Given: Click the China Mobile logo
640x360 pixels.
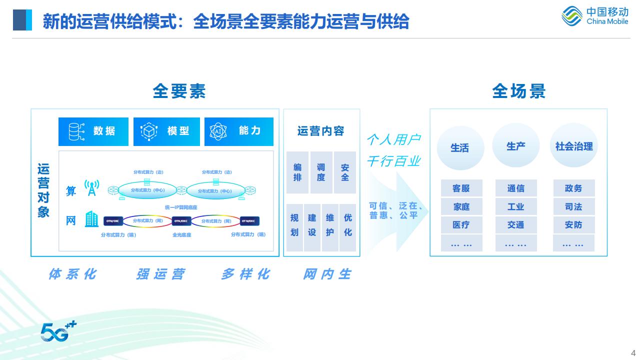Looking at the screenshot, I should point(594,16).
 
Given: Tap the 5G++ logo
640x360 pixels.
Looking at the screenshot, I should point(58,331).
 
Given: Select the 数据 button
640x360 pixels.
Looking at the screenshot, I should point(93,131).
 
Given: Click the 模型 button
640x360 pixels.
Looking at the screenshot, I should point(166,131).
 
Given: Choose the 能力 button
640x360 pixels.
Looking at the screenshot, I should point(239,131).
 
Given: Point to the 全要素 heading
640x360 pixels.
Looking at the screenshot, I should point(179,91).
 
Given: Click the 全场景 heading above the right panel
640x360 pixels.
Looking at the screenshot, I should point(518,91).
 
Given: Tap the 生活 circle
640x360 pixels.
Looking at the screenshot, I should point(459,147).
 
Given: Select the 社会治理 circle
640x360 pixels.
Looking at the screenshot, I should point(573,146).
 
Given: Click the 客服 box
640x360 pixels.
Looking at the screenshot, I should point(461,188).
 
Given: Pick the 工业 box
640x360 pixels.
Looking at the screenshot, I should point(515,206).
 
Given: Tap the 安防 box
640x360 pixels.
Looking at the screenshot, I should point(573,224).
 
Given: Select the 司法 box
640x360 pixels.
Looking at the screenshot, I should point(573,206).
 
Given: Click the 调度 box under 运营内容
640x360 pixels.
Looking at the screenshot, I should point(321,172).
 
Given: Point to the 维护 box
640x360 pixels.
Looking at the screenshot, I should point(330,225).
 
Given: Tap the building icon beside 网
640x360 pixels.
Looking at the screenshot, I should point(91,219).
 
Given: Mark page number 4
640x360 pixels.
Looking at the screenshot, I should point(633,351).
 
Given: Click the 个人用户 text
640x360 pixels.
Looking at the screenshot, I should point(393,139).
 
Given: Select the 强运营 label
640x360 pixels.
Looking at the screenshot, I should point(160,274).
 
